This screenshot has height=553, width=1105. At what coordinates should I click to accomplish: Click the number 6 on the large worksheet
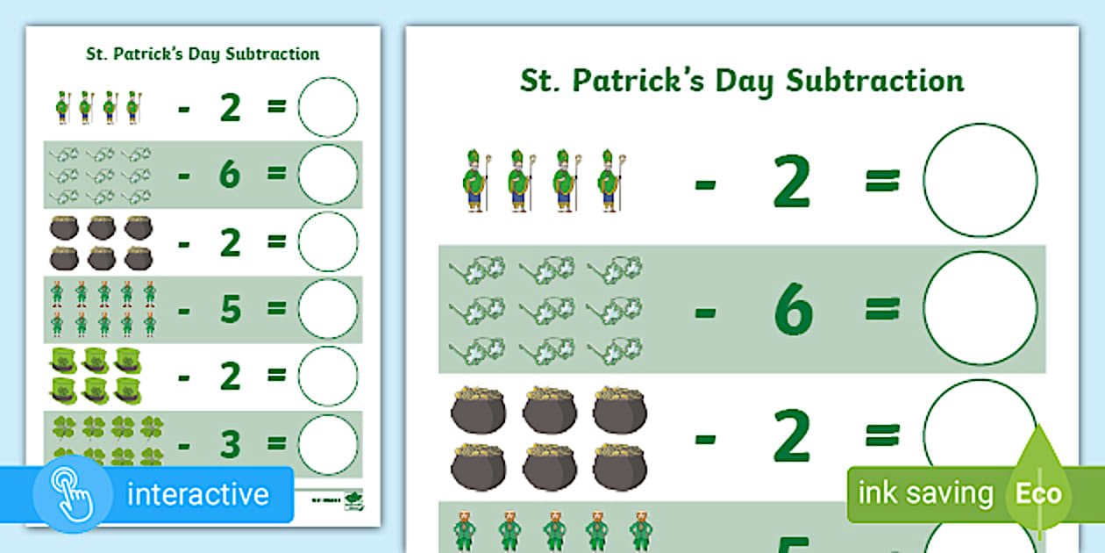tap(794, 309)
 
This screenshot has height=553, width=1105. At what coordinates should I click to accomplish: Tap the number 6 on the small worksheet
tap(230, 175)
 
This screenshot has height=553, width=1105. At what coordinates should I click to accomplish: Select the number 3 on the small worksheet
tap(230, 445)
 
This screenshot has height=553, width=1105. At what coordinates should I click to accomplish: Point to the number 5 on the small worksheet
tap(230, 309)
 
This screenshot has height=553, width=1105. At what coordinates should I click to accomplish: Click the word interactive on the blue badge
tap(198, 494)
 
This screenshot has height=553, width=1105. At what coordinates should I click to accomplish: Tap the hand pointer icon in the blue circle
tap(72, 494)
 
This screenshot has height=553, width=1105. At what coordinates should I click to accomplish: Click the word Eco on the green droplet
tap(1038, 493)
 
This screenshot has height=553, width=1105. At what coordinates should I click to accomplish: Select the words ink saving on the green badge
tap(925, 493)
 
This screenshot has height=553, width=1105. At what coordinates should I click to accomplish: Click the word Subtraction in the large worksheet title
tap(874, 81)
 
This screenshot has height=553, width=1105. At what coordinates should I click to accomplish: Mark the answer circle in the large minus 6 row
tap(980, 308)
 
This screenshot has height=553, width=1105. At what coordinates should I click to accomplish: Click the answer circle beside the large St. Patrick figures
tap(980, 180)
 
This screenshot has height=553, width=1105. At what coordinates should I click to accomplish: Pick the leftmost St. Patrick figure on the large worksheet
tap(474, 181)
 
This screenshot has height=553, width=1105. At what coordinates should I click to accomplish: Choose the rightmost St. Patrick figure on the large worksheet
tap(609, 181)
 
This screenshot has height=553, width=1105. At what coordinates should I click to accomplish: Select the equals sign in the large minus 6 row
tap(882, 308)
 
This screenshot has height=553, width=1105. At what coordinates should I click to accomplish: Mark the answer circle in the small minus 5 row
tap(328, 309)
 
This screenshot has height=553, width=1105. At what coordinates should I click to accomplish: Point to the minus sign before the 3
tap(183, 445)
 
